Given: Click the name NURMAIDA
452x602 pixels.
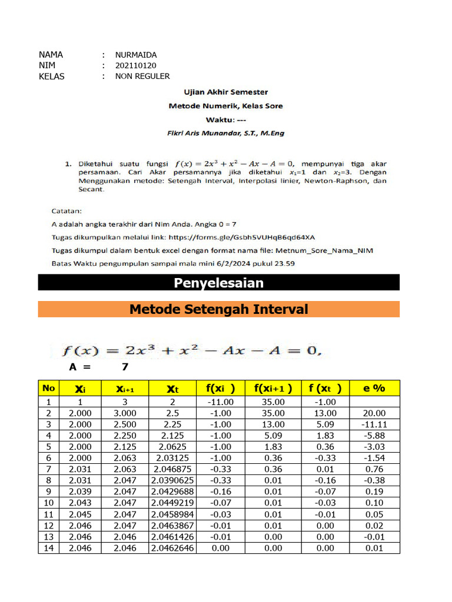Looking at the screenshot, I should tap(136, 55).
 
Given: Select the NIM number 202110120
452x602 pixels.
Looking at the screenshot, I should tap(136, 65).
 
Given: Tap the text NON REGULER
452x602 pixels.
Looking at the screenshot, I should tap(142, 76).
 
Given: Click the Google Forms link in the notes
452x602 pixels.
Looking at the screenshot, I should tap(242, 237).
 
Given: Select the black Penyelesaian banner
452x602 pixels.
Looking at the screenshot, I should tap(218, 283).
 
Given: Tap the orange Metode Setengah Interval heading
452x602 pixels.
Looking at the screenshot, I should tap(218, 309).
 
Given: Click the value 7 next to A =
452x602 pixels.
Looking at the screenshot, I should tap(125, 367).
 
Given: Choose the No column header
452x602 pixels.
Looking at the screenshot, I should tap(48, 388).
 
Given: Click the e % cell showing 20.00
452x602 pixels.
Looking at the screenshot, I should tap(374, 413).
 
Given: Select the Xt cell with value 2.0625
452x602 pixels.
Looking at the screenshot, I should tap(172, 447).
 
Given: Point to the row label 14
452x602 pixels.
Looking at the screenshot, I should tap(48, 548).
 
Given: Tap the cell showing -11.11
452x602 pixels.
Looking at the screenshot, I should tap(374, 424).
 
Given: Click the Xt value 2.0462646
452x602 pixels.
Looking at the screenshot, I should tap(172, 548).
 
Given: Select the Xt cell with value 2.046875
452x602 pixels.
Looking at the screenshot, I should tap(172, 469).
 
